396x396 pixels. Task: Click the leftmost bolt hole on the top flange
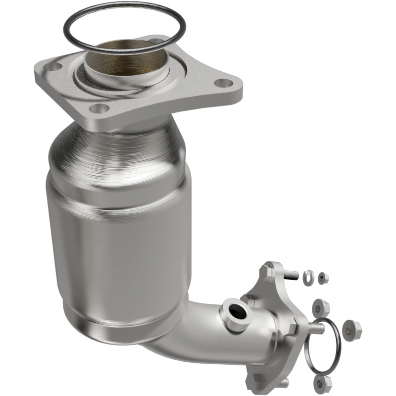point(54,66)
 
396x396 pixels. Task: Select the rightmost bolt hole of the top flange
point(225,83)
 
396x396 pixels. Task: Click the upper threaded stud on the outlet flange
point(292,274)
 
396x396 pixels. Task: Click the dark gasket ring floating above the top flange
point(124,20)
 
